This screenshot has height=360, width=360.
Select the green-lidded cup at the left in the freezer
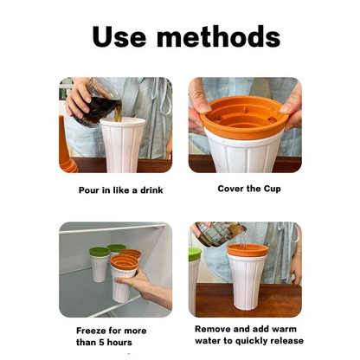tap(99, 265)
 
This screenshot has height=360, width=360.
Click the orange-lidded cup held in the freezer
tap(124, 273)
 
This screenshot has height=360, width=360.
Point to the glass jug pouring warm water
tap(221, 234)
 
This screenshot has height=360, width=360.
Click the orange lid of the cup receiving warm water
tap(247, 251)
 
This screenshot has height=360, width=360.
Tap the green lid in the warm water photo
tap(195, 254)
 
